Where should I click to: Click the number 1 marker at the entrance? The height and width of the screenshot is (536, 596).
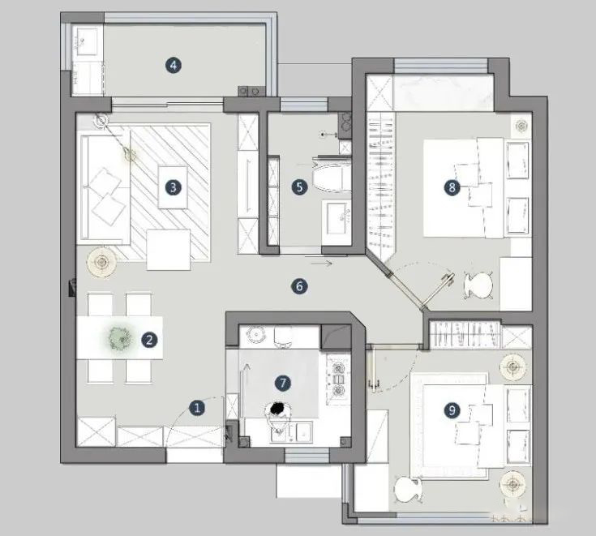coord(197,408)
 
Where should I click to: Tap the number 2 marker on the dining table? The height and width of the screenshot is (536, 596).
coord(149,340)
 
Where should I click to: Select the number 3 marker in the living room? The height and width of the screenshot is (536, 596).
coord(173,187)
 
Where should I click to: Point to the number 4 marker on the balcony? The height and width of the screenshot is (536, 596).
coord(174,66)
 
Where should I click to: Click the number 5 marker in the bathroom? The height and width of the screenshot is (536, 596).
coord(299,187)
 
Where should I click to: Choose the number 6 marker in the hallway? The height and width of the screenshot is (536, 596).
coord(299,286)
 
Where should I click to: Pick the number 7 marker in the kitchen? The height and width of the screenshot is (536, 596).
coord(283,384)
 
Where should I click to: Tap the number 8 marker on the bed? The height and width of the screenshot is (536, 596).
coord(452,187)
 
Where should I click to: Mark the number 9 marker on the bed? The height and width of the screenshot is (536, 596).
coord(452,410)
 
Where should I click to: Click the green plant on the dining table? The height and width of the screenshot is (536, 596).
coord(120,339)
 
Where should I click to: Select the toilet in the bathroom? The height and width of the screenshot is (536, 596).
coord(331,177)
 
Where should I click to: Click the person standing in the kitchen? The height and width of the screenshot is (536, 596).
coord(280,416)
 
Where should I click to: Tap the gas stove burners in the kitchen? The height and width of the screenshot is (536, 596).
coord(338,379)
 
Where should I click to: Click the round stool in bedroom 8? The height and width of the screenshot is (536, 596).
coord(478,285)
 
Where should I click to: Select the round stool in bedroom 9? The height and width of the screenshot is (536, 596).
coord(408,490)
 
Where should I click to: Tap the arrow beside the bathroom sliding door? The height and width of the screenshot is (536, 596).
coord(321,263)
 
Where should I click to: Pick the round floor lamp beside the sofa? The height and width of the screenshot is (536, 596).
coord(101,262)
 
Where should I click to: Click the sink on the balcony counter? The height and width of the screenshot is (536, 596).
coord(86,41)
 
